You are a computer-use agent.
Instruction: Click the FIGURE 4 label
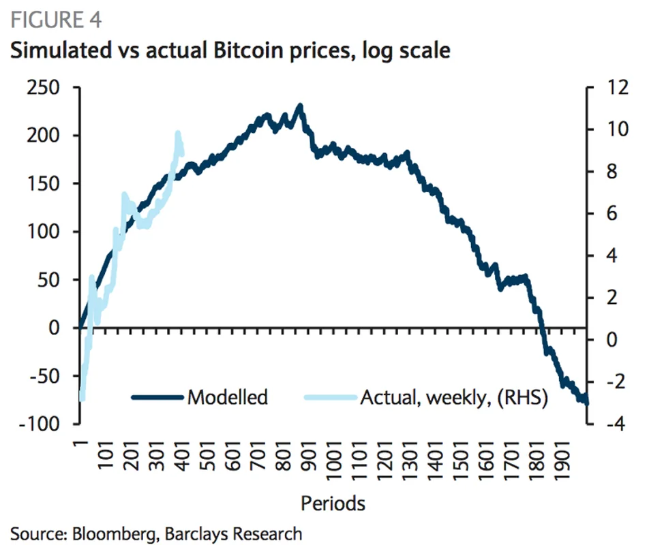[x=56, y=20]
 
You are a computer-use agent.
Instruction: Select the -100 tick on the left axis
[x=40, y=424]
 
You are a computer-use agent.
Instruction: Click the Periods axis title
[x=333, y=503]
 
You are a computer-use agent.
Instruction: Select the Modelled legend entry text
[x=227, y=397]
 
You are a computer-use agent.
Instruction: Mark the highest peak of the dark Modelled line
[x=300, y=106]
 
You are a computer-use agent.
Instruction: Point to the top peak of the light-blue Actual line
[x=178, y=133]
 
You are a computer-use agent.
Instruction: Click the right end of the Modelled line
[x=586, y=403]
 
